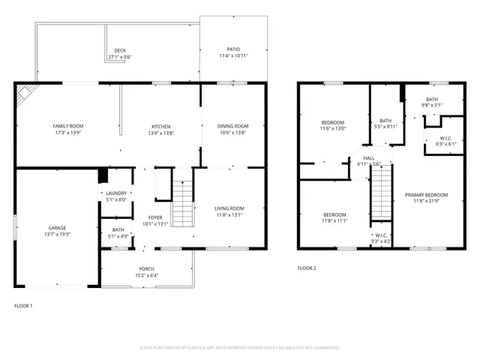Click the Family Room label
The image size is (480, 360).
point(67,126)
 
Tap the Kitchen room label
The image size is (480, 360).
point(161,126)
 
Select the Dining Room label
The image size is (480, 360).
point(232,126)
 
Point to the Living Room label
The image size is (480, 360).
point(229,208)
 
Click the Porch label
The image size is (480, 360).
point(146,269)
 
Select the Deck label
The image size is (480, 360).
point(120,51)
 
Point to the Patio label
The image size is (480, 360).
point(233,50)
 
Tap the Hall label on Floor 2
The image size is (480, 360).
point(368,158)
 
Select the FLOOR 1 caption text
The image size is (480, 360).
point(24,306)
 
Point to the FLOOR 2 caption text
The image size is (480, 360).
point(307,268)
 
